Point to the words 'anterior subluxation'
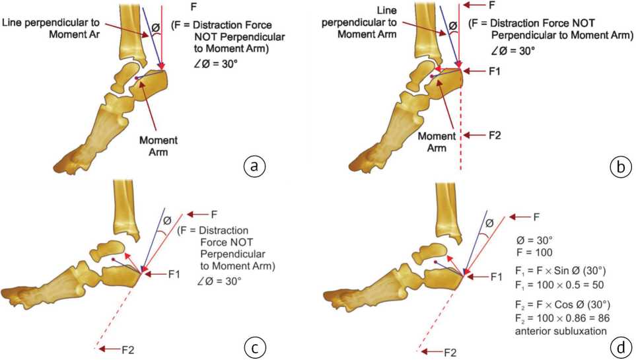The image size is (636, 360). (x=559, y=330)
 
